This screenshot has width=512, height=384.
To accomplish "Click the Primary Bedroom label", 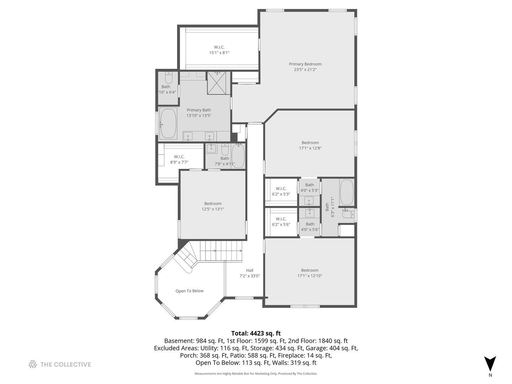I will point(305,64).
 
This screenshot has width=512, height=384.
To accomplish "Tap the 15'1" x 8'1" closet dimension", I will point(219,53).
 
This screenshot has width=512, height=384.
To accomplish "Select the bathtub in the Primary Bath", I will point(168,123).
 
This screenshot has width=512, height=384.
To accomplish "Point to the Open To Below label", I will point(189,291).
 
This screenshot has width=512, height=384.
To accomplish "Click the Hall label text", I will point(250,270).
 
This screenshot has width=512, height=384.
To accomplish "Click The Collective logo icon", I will point(33,364).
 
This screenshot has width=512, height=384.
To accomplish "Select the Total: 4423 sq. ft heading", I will point(256,333).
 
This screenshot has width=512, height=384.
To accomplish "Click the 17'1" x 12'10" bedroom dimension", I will point(309,276).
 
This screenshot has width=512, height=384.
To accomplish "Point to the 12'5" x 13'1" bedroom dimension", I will point(213,209).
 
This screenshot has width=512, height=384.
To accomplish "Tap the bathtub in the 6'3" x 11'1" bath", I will point(347,192).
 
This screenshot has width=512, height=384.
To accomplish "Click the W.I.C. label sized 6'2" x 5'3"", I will point(281,188).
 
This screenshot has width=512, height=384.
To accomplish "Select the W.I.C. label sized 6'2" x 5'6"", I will point(281,219).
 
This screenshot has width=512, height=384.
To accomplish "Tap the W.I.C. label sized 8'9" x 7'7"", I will point(179,157).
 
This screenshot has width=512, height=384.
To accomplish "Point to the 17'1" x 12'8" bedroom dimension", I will point(310,148).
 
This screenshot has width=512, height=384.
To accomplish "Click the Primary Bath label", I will point(199,110).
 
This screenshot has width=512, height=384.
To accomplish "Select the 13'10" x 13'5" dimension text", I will point(199,116).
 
